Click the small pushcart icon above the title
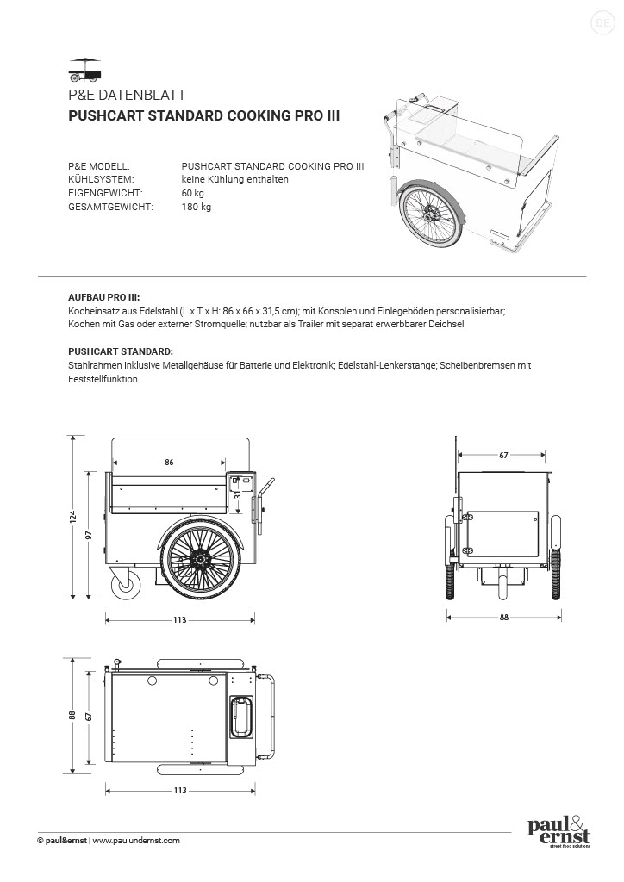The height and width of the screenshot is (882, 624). point(84,67)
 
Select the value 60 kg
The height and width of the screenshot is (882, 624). point(193,193)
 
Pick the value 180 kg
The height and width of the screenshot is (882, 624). point(196,208)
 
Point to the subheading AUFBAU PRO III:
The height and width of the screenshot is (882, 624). point(103,295)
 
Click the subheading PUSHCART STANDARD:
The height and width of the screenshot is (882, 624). point(120,351)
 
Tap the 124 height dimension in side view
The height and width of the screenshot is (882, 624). point(74,517)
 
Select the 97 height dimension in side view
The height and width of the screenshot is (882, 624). point(90,535)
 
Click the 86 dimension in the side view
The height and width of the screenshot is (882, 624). point(169,463)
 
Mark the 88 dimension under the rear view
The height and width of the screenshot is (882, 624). point(503,617)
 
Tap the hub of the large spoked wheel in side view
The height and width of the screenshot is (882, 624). point(201,561)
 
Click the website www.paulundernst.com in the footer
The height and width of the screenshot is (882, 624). point(136,841)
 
